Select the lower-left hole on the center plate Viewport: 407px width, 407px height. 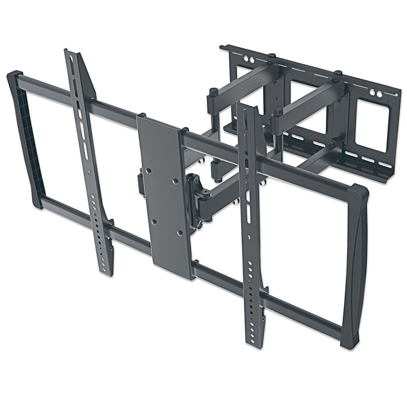(154, 222)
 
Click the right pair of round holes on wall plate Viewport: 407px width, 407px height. (377, 94)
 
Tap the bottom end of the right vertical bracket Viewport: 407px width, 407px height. (252, 342)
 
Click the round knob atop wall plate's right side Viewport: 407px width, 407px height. (338, 73)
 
